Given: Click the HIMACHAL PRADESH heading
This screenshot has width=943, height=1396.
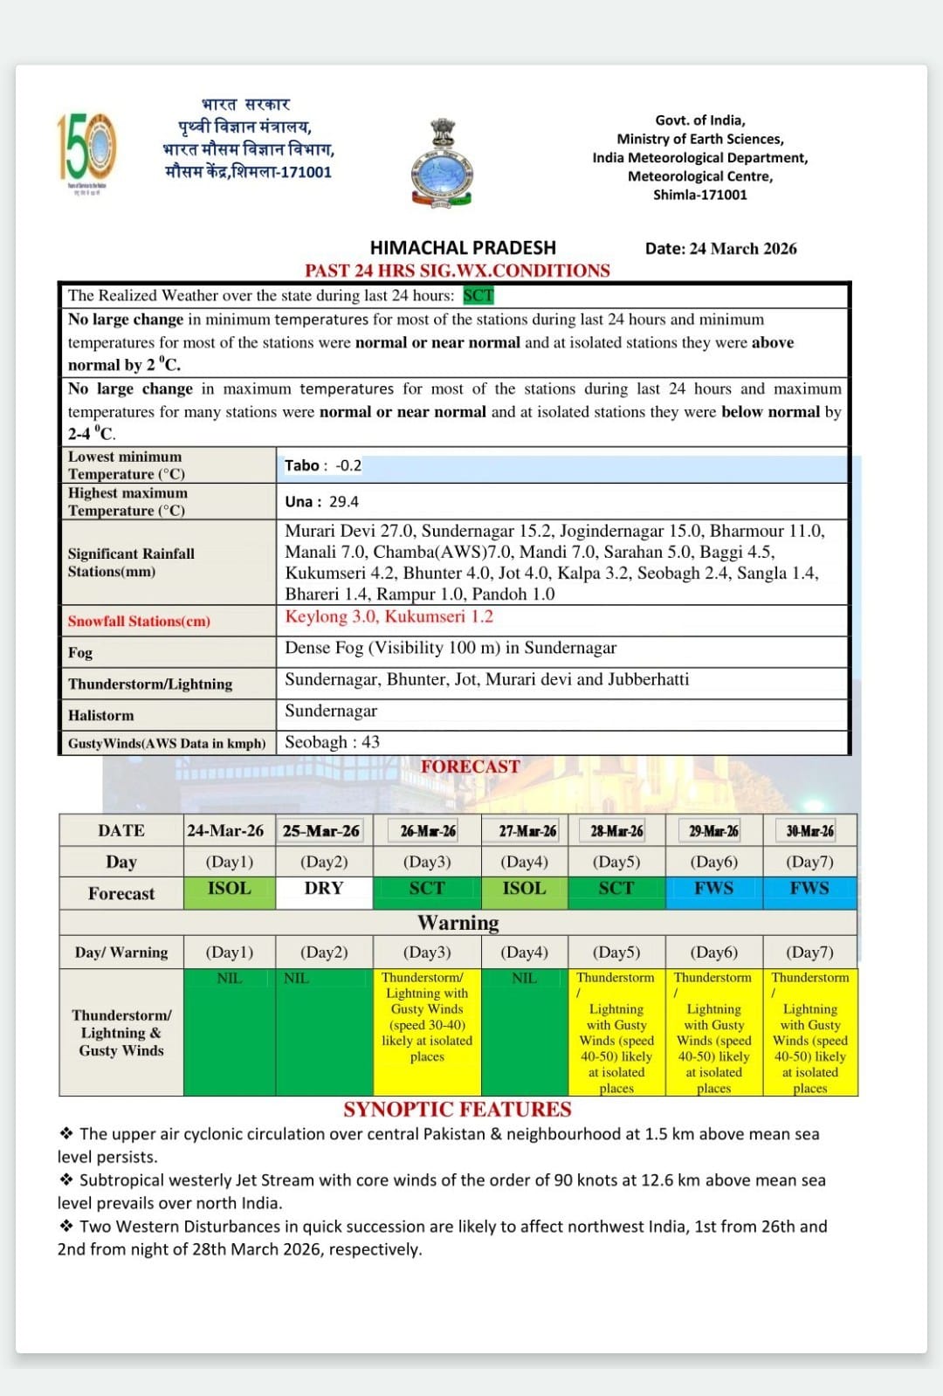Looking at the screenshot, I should [463, 248].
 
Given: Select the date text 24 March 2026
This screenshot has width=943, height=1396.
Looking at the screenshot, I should [742, 249].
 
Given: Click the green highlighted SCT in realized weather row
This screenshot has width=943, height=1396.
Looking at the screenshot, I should [478, 296].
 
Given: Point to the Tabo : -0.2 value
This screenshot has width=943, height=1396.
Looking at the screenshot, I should [323, 466].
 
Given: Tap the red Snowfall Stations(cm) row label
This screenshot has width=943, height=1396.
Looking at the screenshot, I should [139, 622].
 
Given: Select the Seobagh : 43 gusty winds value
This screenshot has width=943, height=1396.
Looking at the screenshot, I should [332, 742].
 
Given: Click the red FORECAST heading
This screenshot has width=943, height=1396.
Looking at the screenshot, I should [470, 767].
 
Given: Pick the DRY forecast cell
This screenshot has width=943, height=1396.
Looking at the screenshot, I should [324, 889].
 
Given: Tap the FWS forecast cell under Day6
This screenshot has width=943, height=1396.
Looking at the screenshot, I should [713, 889].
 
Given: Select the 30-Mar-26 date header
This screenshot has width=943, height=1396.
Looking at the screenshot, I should [809, 831].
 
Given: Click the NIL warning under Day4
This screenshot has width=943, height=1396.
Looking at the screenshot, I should [524, 979].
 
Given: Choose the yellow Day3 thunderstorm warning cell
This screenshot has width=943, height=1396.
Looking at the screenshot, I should [427, 1017].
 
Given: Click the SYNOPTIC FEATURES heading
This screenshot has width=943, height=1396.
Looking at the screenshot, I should [457, 1110].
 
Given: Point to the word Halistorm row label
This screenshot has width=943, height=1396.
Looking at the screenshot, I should [101, 716].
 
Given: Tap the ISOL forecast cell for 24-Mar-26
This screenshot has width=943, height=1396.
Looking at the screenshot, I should [229, 889].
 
